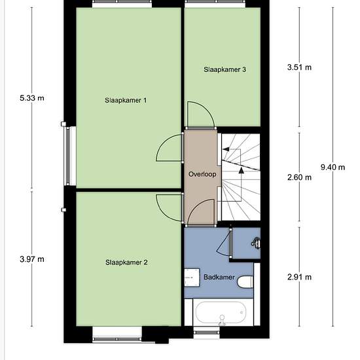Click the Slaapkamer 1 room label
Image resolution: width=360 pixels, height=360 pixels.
pos(126,100)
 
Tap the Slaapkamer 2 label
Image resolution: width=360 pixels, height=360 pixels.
pos(126,262)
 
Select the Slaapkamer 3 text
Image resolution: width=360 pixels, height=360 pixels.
pos(225,69)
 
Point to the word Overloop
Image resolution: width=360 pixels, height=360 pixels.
pos(202,174)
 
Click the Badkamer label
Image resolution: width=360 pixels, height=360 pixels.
pos(219,277)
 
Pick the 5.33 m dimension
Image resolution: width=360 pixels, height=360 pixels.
pos(32,98)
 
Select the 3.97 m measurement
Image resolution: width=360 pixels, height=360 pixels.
pos(32,259)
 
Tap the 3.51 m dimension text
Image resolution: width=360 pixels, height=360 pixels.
pos(299,67)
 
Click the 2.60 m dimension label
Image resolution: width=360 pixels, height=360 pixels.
pos(299,177)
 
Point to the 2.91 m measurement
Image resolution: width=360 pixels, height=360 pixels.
pos(299,277)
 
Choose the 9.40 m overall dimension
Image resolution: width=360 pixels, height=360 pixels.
pos(333,167)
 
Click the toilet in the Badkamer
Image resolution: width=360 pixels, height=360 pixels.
pos(245,281)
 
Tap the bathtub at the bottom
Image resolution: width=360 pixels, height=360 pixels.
pos(221,312)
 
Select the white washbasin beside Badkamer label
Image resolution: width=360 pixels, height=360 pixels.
pos(192,278)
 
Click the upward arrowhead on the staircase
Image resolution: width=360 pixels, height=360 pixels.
pos(242,170)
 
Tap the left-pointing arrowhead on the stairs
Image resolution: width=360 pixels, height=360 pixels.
pos(226,149)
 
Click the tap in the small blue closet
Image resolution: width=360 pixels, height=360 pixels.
pos(256,243)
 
